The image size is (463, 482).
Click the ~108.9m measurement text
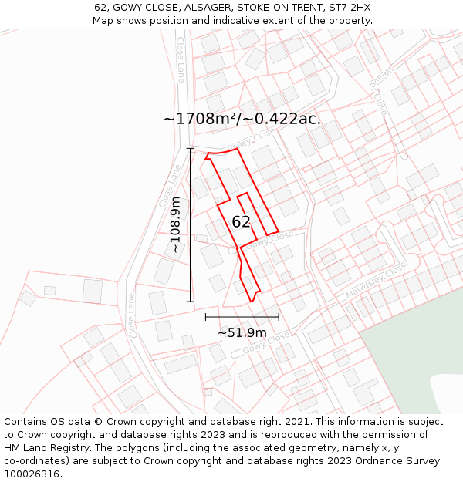click(176, 224)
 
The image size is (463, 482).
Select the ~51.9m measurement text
click(242, 332)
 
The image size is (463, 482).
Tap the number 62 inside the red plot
click(241, 222)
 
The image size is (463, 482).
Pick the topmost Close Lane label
click(181, 59)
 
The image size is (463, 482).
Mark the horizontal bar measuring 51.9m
click(242, 316)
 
